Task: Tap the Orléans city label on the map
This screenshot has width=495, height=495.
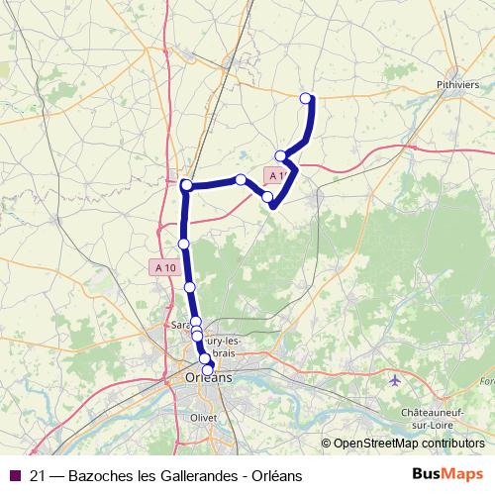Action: pyautogui.click(x=208, y=377)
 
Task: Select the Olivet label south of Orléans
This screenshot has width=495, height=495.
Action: pyautogui.click(x=202, y=418)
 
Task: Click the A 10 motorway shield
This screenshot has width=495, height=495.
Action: pyautogui.click(x=164, y=267)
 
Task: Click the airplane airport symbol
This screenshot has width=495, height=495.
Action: pyautogui.click(x=396, y=380)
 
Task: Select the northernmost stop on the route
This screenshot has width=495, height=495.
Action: pyautogui.click(x=306, y=97)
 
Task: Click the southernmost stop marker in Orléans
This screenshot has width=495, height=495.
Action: pyautogui.click(x=208, y=369)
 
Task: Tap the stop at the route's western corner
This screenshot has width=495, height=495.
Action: pyautogui.click(x=186, y=185)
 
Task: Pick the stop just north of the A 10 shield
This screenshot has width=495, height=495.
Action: pyautogui.click(x=183, y=244)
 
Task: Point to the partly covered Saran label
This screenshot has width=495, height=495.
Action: pyautogui.click(x=179, y=324)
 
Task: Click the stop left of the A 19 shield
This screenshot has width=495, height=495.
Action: pyautogui.click(x=241, y=179)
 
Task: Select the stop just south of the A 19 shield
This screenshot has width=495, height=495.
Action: pyautogui.click(x=267, y=197)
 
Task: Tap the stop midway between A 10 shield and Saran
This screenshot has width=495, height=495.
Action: pyautogui.click(x=190, y=286)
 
